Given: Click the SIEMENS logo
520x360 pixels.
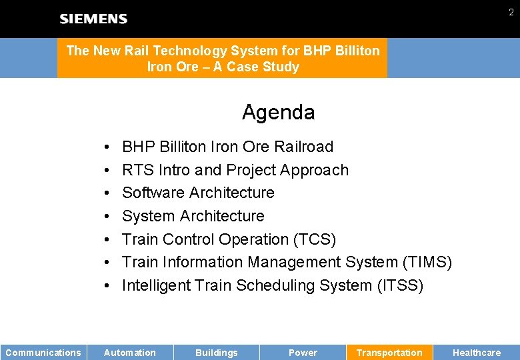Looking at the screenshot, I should (x=93, y=19).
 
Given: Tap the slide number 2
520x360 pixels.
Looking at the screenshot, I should (x=511, y=12).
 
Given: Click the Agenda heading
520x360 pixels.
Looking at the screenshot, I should (x=278, y=112).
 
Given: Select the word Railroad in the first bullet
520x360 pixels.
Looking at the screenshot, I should (x=303, y=147).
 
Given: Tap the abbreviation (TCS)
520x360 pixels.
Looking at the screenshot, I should (x=315, y=239).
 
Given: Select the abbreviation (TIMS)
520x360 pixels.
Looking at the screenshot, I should (x=427, y=263).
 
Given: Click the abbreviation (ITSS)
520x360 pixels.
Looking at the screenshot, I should (x=400, y=285).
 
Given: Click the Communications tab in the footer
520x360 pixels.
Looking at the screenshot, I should (x=43, y=353).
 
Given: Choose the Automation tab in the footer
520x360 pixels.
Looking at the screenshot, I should (x=130, y=353).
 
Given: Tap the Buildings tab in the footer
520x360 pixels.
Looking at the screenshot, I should (x=216, y=353).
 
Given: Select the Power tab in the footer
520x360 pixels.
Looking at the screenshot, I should (x=303, y=353).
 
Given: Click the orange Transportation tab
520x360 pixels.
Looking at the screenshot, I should (x=389, y=353).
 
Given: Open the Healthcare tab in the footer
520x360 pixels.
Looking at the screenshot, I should (x=476, y=353).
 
